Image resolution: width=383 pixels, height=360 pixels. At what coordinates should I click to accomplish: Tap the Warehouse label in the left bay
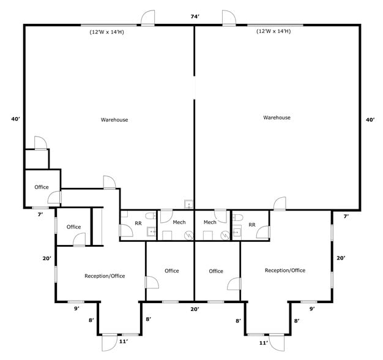point(114,120)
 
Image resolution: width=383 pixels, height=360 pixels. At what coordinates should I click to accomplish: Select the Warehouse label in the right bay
point(277,118)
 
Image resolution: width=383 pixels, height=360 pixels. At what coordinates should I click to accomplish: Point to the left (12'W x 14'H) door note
point(107,32)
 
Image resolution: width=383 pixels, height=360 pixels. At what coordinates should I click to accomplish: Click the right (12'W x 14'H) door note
point(273,31)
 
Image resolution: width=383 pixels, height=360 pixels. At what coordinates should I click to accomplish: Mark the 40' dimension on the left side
point(16,119)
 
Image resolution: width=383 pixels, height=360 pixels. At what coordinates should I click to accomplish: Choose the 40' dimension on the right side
point(370,120)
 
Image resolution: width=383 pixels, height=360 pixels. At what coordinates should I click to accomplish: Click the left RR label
point(138,223)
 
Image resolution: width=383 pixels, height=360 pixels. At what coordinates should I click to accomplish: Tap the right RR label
point(251,224)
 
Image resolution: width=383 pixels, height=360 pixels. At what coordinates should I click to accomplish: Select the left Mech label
point(179,222)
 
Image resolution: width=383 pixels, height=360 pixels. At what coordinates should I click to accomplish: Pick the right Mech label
point(210,222)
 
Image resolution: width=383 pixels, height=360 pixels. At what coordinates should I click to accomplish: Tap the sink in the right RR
point(236,232)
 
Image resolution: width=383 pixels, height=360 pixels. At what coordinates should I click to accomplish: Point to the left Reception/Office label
point(105,276)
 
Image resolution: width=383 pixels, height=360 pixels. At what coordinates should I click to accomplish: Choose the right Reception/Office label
point(284,271)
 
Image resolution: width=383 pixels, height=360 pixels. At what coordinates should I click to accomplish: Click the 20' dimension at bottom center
point(195,309)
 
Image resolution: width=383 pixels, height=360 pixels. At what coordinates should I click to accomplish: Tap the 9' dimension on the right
point(311,309)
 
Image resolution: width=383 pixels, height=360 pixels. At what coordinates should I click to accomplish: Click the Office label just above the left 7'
point(42,187)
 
